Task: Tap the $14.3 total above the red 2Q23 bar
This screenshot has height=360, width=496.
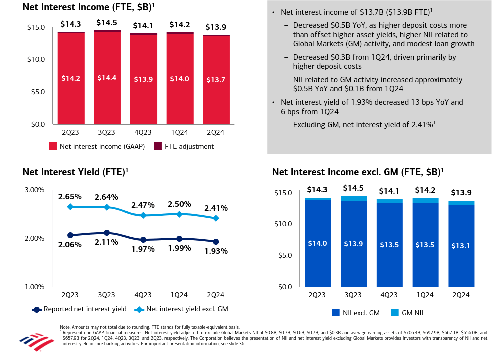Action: pyautogui.click(x=71, y=24)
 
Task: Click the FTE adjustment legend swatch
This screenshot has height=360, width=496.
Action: pyautogui.click(x=157, y=146)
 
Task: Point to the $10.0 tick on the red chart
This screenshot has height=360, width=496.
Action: pyautogui.click(x=36, y=59)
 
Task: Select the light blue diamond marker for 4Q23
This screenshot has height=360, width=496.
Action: pyautogui.click(x=143, y=215)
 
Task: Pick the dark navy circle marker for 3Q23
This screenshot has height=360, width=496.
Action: pyautogui.click(x=107, y=233)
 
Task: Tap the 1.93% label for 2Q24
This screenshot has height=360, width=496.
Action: pyautogui.click(x=216, y=251)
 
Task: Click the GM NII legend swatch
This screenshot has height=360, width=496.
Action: pyautogui.click(x=395, y=313)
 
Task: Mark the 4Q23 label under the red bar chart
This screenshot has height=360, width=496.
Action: pyautogui.click(x=143, y=132)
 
